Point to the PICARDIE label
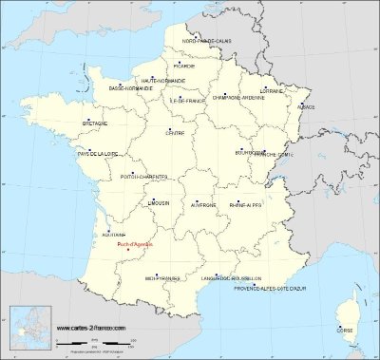[184, 66]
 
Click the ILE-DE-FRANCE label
[183, 100]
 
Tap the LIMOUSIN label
[160, 203]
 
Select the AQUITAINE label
[112, 234]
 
